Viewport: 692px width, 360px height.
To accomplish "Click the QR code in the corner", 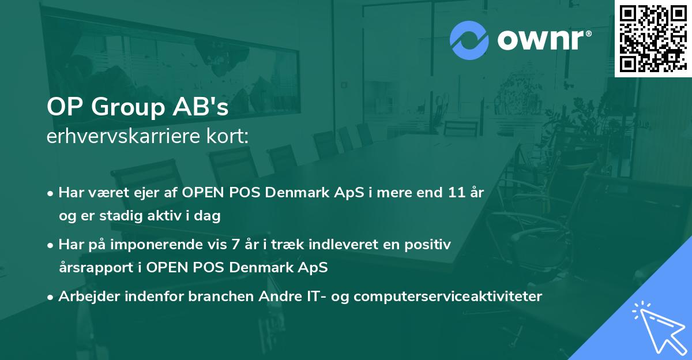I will [653, 39].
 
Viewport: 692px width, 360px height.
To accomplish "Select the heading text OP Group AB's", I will [138, 107].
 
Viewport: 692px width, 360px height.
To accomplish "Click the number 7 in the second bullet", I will [236, 245].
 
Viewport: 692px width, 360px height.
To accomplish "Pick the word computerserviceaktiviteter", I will [448, 297].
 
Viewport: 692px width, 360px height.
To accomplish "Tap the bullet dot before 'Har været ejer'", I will [51, 193].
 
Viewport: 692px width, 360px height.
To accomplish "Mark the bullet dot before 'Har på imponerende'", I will [51, 245].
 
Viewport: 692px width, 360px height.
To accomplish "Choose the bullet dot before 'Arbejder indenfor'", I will [51, 297].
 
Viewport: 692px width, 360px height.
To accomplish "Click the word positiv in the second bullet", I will [431, 245].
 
